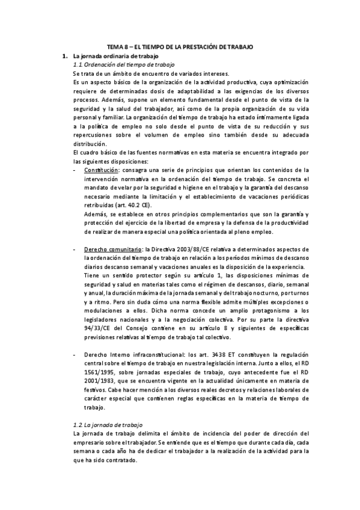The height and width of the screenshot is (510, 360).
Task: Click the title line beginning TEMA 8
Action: (x=180, y=46)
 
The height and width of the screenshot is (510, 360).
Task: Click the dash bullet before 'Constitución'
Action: (x=73, y=171)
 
